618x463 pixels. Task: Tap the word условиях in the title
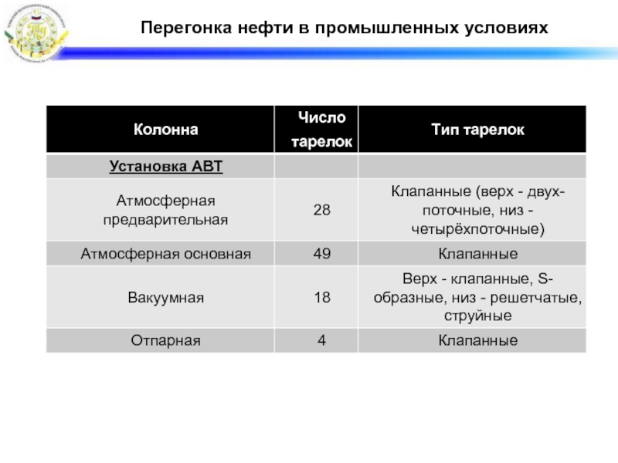point(508,28)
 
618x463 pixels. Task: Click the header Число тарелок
point(317,130)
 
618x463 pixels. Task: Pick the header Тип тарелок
point(477,130)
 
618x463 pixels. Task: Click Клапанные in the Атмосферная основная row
point(477,253)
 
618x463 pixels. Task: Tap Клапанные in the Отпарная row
point(477,340)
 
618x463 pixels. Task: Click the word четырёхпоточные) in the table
point(477,229)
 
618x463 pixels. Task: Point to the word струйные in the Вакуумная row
point(477,316)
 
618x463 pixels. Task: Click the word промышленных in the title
point(394,28)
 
